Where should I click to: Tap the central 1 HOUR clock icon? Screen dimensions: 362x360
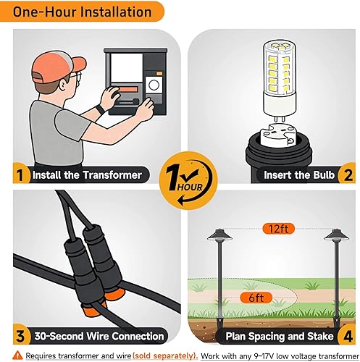[x=180, y=177]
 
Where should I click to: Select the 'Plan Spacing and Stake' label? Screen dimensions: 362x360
[x=278, y=336]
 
